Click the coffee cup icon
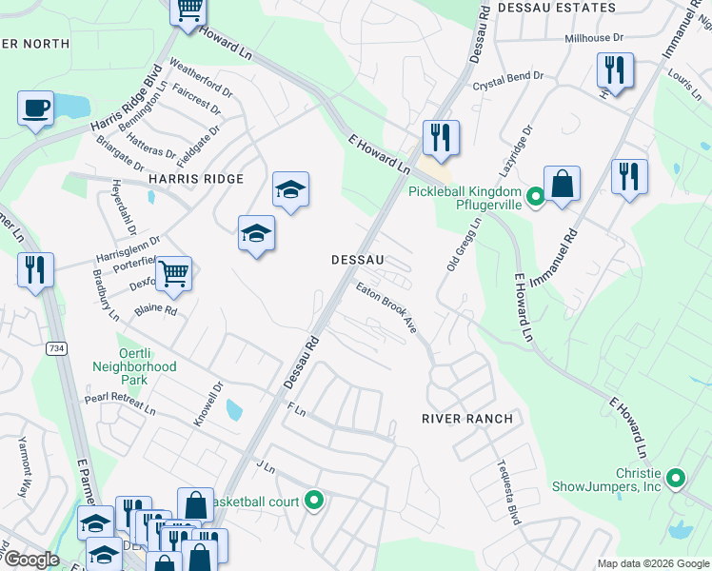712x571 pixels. (x=35, y=108)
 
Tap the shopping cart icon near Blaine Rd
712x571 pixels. (x=173, y=274)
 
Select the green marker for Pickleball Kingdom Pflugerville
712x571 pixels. (x=536, y=198)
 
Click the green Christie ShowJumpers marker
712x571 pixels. (x=676, y=478)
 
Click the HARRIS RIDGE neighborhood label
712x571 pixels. (x=195, y=179)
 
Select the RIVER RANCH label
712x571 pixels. (x=467, y=419)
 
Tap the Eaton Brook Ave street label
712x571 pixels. (x=387, y=306)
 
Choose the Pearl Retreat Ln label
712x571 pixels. (x=119, y=404)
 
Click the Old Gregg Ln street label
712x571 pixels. (x=465, y=243)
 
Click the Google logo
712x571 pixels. (x=30, y=560)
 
